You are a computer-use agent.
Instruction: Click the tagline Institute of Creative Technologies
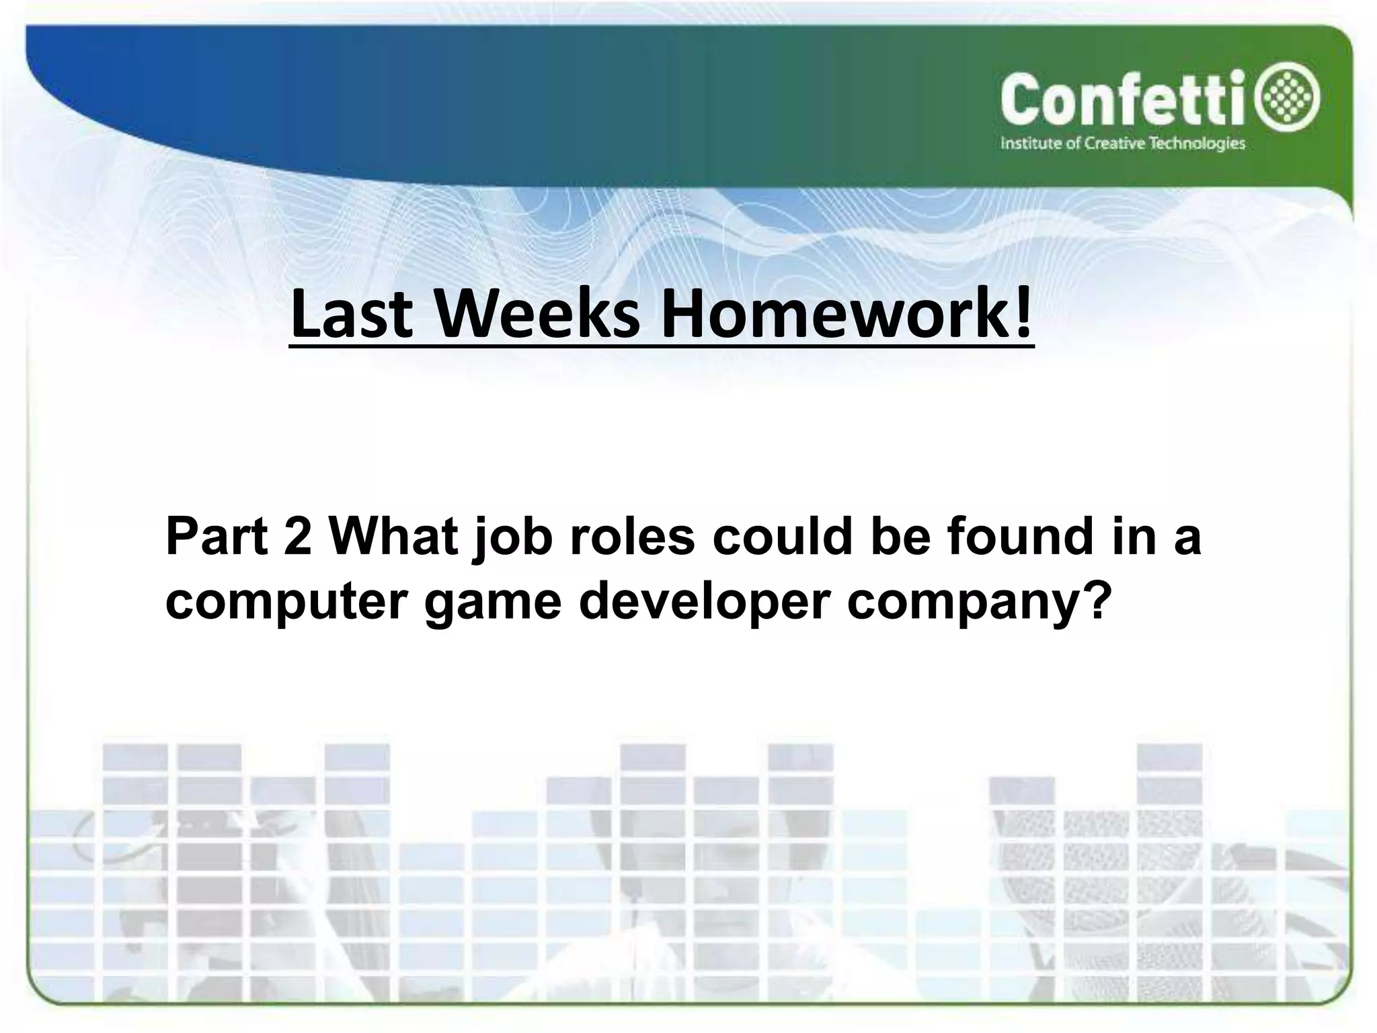coord(1123,143)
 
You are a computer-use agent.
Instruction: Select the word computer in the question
coord(286,603)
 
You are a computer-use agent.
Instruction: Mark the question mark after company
coord(1089,600)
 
